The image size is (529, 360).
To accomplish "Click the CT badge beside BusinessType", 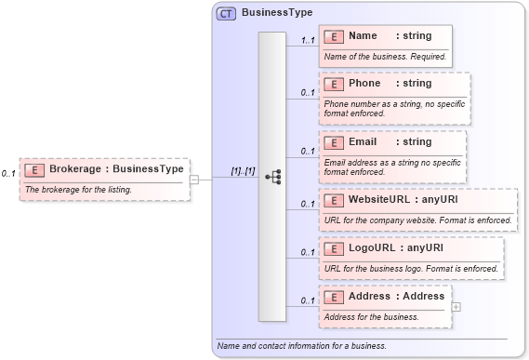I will tap(226, 14).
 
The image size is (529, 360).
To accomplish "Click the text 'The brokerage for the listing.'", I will tap(79, 190).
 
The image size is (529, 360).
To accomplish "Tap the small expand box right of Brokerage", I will tap(194, 180).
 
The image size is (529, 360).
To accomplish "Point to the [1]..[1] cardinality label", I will tap(243, 171).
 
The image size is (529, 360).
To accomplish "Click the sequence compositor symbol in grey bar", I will tap(272, 177).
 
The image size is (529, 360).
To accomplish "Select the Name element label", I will tap(363, 36).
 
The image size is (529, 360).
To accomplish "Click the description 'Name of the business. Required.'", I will tap(385, 57).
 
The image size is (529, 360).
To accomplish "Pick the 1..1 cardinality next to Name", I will tap(308, 41).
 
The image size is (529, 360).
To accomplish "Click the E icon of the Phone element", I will tap(333, 84).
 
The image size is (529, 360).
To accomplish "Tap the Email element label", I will tap(363, 142).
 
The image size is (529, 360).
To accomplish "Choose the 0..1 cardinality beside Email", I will tap(308, 151).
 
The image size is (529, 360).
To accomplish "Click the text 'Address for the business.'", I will tap(371, 317).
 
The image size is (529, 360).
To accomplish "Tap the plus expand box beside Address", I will tap(456, 306).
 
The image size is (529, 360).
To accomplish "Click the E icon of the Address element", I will tap(333, 297).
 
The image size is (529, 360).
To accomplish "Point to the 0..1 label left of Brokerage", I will tap(8, 174).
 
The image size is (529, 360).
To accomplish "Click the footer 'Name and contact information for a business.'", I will tap(301, 346).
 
